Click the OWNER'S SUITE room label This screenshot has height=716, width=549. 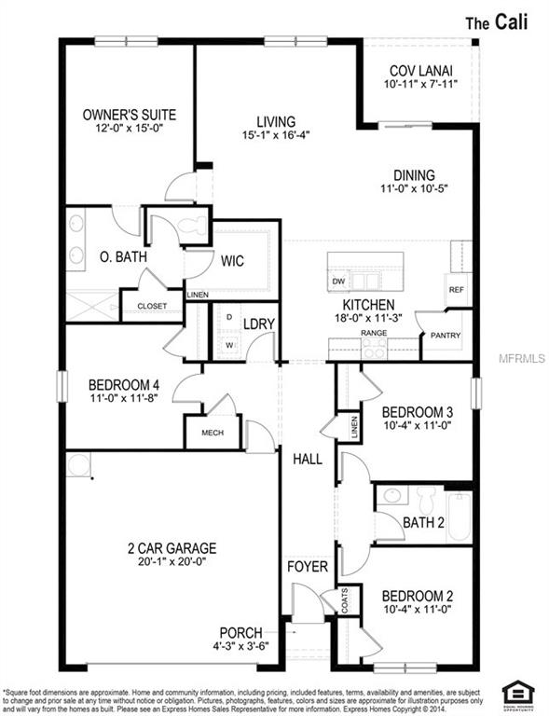coord(129,115)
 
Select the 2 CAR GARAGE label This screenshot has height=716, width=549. coord(172,547)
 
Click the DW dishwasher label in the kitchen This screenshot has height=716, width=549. coord(338,282)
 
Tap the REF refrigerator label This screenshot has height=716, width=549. coord(456,289)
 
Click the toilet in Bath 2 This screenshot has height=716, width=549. coord(427,494)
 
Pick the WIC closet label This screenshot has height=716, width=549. coord(232,261)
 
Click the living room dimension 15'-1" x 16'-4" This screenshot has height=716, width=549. coord(275,134)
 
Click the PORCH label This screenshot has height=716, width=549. coord(240,633)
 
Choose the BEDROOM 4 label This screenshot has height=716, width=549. coord(123,384)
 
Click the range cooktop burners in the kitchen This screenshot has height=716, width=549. coord(374,347)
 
